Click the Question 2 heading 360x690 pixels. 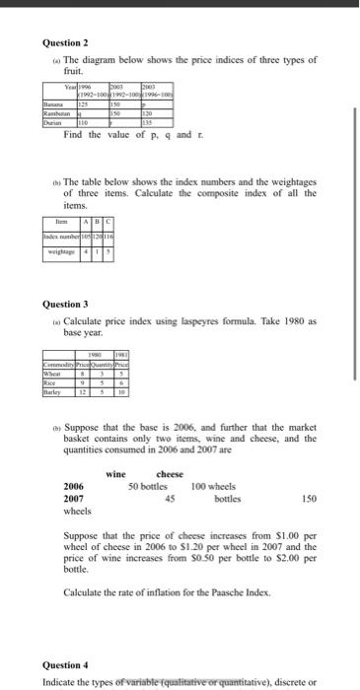pos(66,43)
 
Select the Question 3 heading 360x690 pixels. pos(66,304)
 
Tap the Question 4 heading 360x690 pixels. pos(66,666)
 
